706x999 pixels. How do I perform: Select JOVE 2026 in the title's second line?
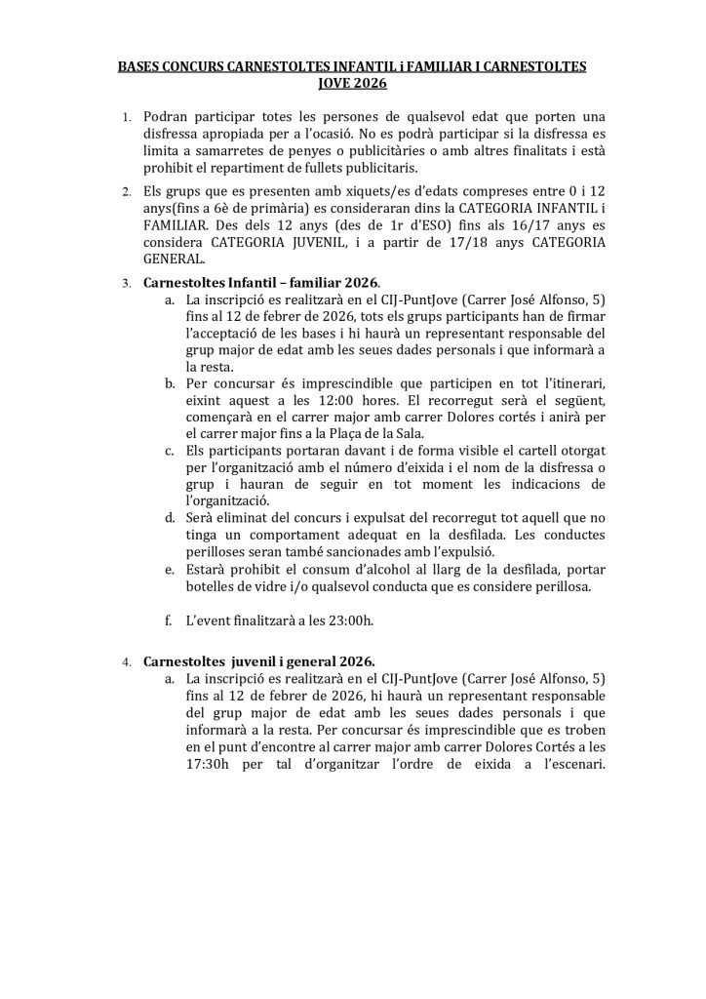click(x=353, y=85)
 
